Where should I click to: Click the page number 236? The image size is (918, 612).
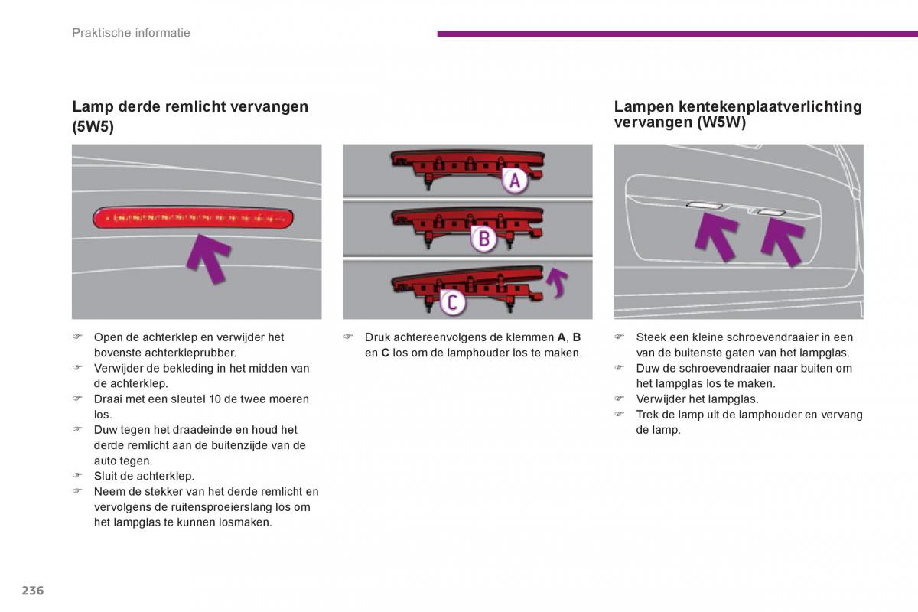[33, 591]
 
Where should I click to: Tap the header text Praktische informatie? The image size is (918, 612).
[131, 33]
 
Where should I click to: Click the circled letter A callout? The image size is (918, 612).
[515, 181]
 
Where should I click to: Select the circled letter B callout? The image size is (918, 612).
[483, 239]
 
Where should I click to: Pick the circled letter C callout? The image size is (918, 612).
[452, 302]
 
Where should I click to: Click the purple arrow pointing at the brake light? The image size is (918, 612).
[208, 257]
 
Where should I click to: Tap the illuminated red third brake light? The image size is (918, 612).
[193, 218]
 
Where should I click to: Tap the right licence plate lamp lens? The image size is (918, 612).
[770, 212]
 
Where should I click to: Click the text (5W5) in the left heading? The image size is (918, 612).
[93, 127]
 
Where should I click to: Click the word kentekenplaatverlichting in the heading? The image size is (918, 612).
[770, 106]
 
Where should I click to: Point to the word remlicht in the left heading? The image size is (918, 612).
[224, 106]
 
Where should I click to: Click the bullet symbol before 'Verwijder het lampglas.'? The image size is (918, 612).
[620, 399]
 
